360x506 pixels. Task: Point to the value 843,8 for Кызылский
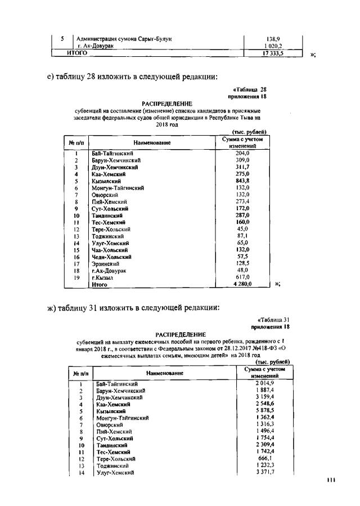pyautogui.click(x=243, y=181)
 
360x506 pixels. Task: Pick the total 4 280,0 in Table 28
pyautogui.click(x=242, y=284)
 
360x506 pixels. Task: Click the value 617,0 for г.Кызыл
pyautogui.click(x=243, y=277)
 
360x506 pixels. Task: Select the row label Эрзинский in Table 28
pyautogui.click(x=105, y=263)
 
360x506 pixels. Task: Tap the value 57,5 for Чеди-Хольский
pyautogui.click(x=243, y=256)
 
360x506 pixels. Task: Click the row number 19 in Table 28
pyautogui.click(x=76, y=277)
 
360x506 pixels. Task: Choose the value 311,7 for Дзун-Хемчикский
pyautogui.click(x=243, y=167)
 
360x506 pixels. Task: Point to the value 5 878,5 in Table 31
pyautogui.click(x=264, y=411)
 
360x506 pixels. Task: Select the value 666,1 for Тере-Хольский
pyautogui.click(x=264, y=458)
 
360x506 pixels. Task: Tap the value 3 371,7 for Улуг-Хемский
pyautogui.click(x=264, y=472)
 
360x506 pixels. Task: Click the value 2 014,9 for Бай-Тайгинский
pyautogui.click(x=264, y=383)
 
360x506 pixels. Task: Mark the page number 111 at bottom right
pyautogui.click(x=331, y=480)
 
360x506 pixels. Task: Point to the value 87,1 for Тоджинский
pyautogui.click(x=243, y=236)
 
